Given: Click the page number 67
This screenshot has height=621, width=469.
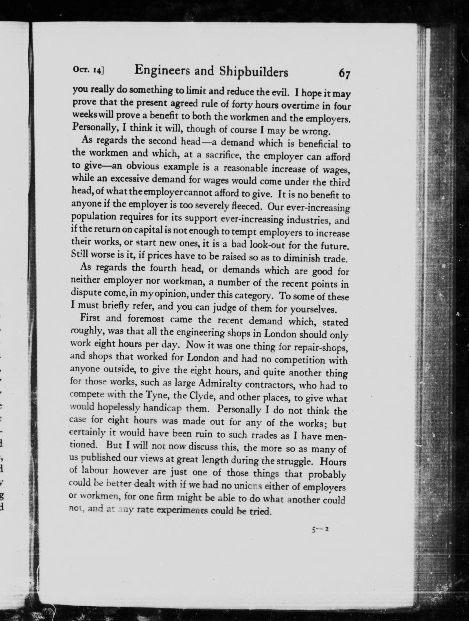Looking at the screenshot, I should coord(344,74).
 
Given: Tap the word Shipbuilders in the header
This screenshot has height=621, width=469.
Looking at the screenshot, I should coord(253,72).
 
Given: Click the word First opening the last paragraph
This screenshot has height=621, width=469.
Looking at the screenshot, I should coord(90,318).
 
